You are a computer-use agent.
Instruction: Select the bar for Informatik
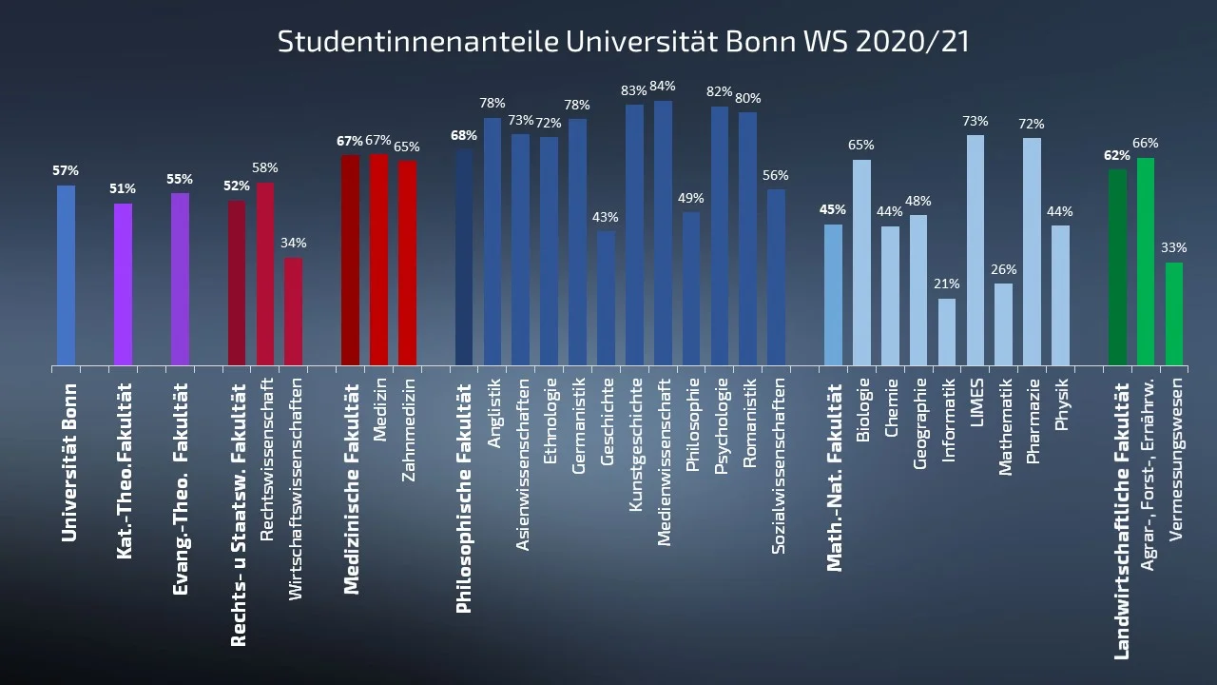(x=947, y=332)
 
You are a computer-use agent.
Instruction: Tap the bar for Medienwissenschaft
(x=663, y=233)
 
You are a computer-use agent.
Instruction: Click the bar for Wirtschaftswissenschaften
(x=294, y=311)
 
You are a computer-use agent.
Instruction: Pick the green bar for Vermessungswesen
(x=1174, y=314)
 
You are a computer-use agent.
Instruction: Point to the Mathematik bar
(x=1004, y=324)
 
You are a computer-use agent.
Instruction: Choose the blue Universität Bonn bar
(x=66, y=275)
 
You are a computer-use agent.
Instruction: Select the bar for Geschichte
(x=606, y=298)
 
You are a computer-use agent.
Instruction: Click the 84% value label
(x=663, y=87)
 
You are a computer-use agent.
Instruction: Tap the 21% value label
(x=947, y=284)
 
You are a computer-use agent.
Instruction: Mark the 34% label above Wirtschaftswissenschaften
(x=294, y=244)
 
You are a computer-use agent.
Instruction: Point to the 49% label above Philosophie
(x=691, y=198)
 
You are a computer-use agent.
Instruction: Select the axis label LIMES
(x=976, y=402)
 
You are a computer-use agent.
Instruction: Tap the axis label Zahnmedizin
(x=409, y=430)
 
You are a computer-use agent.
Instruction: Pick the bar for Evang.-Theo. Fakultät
(x=180, y=280)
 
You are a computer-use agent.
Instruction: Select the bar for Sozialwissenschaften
(x=776, y=277)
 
